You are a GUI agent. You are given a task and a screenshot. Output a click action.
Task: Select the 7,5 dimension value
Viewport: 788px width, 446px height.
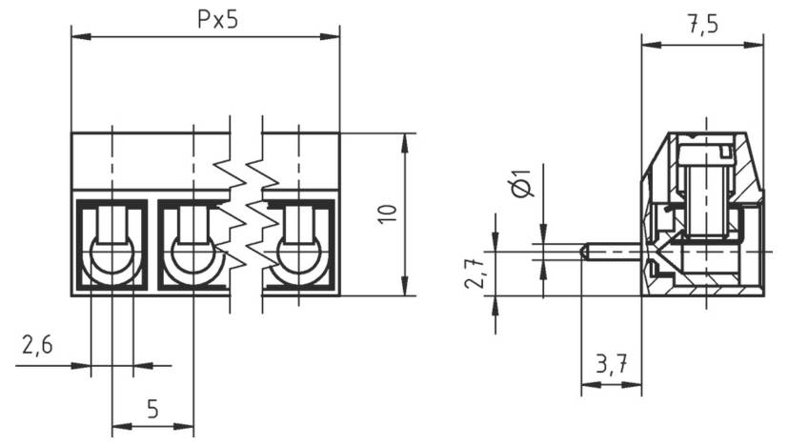[702, 26]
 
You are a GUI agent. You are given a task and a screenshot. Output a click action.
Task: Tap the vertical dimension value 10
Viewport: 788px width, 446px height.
[387, 213]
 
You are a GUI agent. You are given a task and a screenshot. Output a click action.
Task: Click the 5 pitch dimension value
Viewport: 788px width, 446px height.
[152, 410]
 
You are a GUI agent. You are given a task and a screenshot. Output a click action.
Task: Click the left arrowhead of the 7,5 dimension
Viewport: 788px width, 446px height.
[648, 44]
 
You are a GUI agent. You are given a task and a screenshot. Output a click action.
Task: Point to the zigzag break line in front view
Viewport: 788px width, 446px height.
[246, 214]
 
